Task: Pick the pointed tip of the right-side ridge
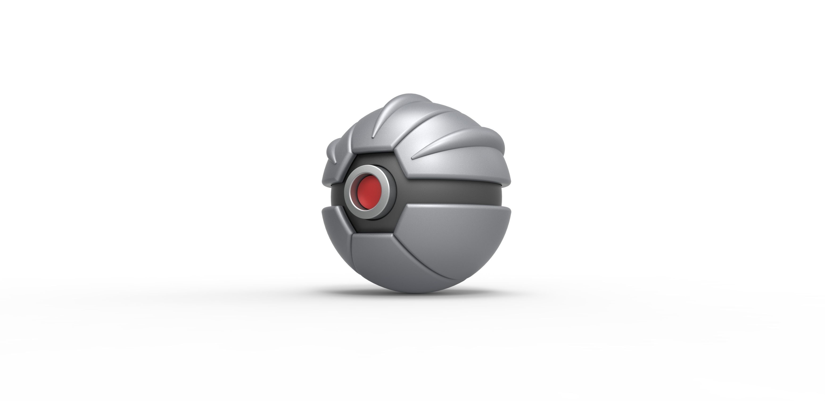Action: pos(412,158)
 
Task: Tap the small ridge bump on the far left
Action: pos(331,151)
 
